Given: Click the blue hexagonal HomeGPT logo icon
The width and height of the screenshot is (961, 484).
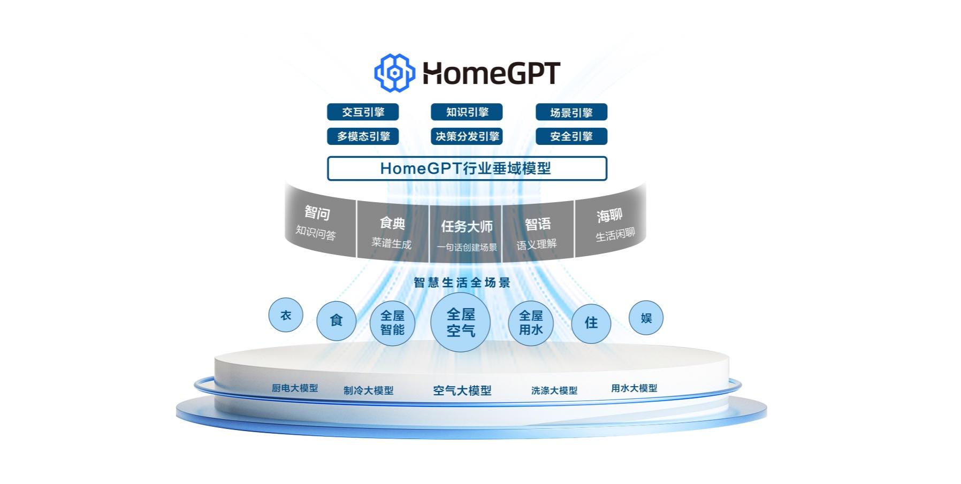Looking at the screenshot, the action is click(394, 73).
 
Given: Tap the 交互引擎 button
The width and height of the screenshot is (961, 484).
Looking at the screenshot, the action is click(363, 112).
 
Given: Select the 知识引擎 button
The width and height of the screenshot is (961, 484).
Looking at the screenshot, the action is click(467, 112).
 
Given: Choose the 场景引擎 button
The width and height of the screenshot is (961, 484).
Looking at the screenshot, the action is click(571, 112).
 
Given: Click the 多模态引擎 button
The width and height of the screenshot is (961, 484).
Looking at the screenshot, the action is click(363, 136).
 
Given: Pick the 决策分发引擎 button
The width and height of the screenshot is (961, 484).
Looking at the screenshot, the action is click(467, 136).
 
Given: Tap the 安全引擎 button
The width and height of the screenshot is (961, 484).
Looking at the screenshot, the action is click(571, 136).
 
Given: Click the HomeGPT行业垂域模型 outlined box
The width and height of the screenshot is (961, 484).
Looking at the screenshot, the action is click(467, 168).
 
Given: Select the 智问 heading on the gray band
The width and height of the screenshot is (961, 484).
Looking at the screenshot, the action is click(317, 213).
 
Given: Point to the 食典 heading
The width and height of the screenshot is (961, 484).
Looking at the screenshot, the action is click(392, 223).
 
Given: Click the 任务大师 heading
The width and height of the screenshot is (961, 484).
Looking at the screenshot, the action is click(467, 227).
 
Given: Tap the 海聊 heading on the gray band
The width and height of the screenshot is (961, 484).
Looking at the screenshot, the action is click(609, 216).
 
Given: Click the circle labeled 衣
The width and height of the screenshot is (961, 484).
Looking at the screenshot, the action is click(286, 315).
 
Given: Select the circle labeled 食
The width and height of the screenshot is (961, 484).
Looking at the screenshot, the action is click(336, 320).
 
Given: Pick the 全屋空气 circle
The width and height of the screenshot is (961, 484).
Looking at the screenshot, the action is click(461, 322).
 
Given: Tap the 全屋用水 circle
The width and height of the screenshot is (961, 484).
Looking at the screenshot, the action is click(531, 322).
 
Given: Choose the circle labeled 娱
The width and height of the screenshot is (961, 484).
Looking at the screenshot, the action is click(646, 318).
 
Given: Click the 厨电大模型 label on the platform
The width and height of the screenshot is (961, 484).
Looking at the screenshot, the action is click(295, 388).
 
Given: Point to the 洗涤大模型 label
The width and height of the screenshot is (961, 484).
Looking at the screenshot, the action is click(554, 390).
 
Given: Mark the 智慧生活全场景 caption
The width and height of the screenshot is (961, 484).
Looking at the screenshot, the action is click(462, 282).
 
